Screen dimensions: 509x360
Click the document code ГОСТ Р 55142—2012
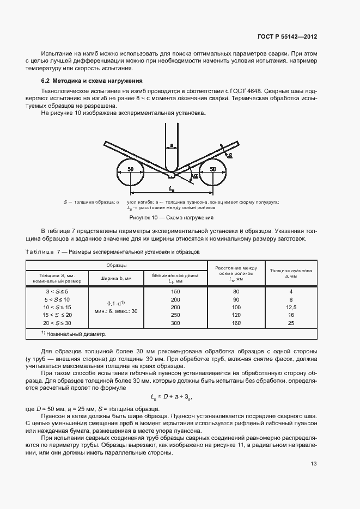(287, 36)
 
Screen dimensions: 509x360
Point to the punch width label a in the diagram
(172, 145)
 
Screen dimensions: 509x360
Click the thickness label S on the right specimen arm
(230, 155)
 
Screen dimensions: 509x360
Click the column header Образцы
(117, 265)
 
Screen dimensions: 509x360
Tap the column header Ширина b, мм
(116, 278)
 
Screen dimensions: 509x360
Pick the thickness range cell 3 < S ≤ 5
(57, 292)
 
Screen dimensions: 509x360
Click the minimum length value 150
(175, 292)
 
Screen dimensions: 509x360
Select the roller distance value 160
(236, 323)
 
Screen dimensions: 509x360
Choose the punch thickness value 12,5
(291, 308)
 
